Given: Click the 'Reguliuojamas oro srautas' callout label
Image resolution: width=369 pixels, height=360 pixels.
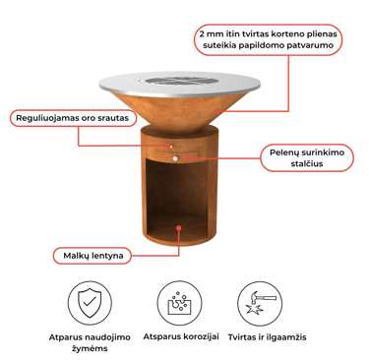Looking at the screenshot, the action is point(73,118).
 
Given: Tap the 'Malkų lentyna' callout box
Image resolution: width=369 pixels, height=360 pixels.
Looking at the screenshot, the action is point(92,256).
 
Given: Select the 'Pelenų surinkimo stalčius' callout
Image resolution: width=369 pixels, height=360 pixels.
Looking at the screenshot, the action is point(307,157).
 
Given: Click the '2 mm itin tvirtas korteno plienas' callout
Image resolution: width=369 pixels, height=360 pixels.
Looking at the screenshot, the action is point(269,39).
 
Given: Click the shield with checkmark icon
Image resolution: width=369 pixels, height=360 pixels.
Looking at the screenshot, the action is point(90,303).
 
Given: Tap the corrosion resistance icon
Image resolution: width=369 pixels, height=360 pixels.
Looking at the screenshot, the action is point(179,303).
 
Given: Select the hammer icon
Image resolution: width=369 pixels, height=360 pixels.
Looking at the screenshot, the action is point(260,303).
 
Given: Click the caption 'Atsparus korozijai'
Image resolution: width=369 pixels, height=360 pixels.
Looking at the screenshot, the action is point(181,336).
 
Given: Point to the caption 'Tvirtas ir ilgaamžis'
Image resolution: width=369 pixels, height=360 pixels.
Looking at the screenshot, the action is point(267,337).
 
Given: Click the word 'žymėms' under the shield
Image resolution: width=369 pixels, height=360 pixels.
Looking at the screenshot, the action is point(90,348).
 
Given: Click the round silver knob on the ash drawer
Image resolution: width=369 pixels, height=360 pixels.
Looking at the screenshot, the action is point(175,158).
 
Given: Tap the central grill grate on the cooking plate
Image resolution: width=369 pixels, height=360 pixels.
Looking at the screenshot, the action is point(179,81).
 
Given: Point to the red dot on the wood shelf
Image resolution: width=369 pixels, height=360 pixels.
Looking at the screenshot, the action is point(179,227).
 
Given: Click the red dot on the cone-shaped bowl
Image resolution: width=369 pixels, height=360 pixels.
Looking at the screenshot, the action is point(216,111).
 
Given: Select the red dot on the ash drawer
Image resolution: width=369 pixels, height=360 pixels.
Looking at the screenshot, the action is point(188,158).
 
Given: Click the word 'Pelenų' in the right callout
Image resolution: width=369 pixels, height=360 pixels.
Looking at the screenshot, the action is point(283,152).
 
